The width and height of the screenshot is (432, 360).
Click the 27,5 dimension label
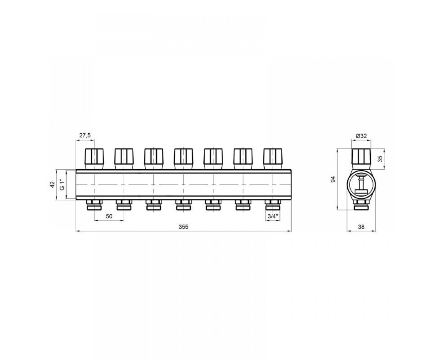(85, 135)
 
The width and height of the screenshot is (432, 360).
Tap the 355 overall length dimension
(184, 227)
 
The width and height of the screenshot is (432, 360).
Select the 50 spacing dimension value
(109, 216)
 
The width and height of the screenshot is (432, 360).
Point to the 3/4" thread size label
(273, 216)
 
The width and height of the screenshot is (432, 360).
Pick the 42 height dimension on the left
(52, 185)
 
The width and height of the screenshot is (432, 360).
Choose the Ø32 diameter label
(361, 136)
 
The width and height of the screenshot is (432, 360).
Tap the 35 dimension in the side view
(380, 159)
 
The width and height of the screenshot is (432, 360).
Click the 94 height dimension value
(333, 179)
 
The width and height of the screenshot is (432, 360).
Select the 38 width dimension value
(361, 227)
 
